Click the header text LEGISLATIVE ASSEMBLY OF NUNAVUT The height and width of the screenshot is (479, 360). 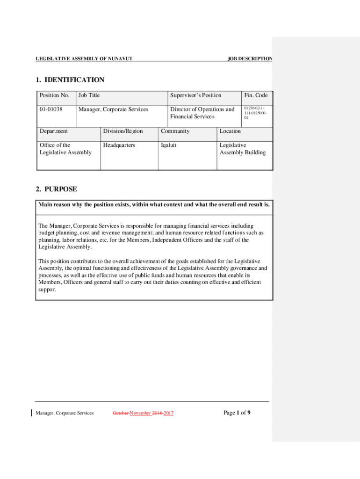point(84,59)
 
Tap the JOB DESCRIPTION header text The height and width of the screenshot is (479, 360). point(250,59)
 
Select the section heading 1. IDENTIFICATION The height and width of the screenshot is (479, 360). point(70,80)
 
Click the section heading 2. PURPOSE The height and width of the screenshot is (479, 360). point(57,189)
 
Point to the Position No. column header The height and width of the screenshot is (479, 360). point(55,95)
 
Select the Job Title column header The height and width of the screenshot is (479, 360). point(89,95)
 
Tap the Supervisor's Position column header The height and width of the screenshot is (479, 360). point(196,95)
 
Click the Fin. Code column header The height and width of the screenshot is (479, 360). point(255,95)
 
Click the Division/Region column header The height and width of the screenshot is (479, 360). point(123,131)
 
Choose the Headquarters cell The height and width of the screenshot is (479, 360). point(119,145)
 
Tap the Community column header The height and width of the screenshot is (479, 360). point(175,131)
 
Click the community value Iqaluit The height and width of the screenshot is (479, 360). point(169,145)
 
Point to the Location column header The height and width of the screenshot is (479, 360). point(230,131)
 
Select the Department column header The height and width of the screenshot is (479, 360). point(53,131)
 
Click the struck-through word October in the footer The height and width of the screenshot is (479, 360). point(121,413)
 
